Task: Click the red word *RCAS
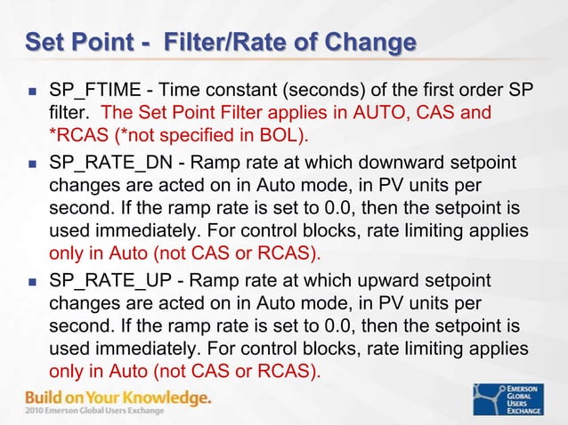76,135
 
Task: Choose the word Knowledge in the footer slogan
165,397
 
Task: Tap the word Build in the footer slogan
45,397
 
